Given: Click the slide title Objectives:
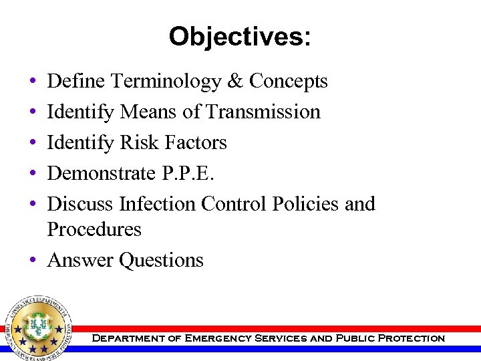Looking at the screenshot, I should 240,36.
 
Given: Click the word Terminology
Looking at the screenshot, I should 166,82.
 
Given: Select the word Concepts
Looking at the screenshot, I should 288,82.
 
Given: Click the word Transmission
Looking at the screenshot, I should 263,112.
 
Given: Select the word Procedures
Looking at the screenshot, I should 94,229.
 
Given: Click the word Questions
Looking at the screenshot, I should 161,259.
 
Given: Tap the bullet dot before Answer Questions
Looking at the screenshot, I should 33,260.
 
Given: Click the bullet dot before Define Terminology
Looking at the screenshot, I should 33,82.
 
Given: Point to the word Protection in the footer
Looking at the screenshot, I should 411,338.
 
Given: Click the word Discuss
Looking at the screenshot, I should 80,203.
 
